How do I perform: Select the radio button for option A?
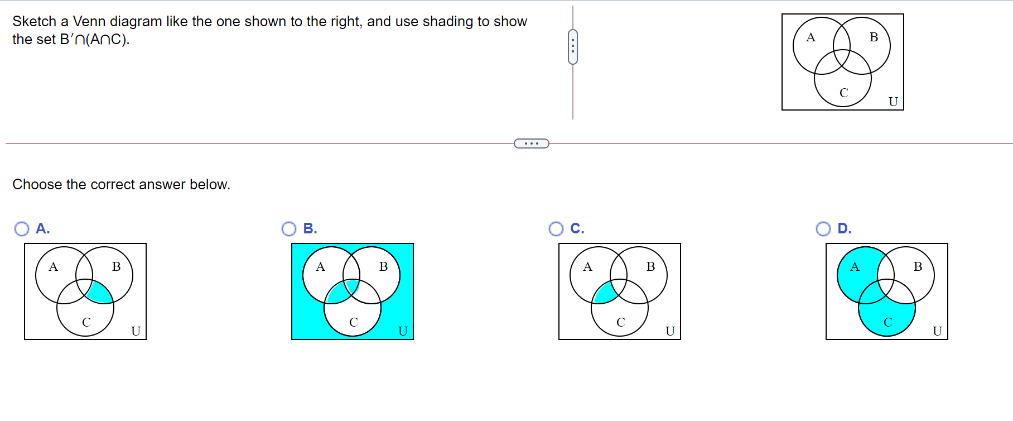click(x=22, y=229)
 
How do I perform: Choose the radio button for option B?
click(x=289, y=229)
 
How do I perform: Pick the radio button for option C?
click(x=556, y=229)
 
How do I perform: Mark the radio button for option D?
click(x=823, y=229)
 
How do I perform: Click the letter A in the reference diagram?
click(x=811, y=37)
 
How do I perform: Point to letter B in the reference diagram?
click(x=874, y=37)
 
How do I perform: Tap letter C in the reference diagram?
click(x=843, y=93)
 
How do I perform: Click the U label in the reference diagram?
click(x=893, y=102)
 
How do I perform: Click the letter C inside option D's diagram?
click(x=887, y=322)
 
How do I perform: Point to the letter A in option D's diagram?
click(x=855, y=267)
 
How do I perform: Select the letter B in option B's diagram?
click(x=383, y=267)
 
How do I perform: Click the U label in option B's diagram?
click(x=403, y=331)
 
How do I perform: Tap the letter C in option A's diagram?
click(x=86, y=322)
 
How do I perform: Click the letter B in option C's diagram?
click(x=650, y=267)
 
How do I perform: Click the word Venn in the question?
click(x=89, y=21)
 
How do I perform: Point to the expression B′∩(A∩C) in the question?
click(x=94, y=40)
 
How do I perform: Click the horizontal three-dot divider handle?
click(x=531, y=143)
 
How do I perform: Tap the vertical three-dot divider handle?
click(x=573, y=47)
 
